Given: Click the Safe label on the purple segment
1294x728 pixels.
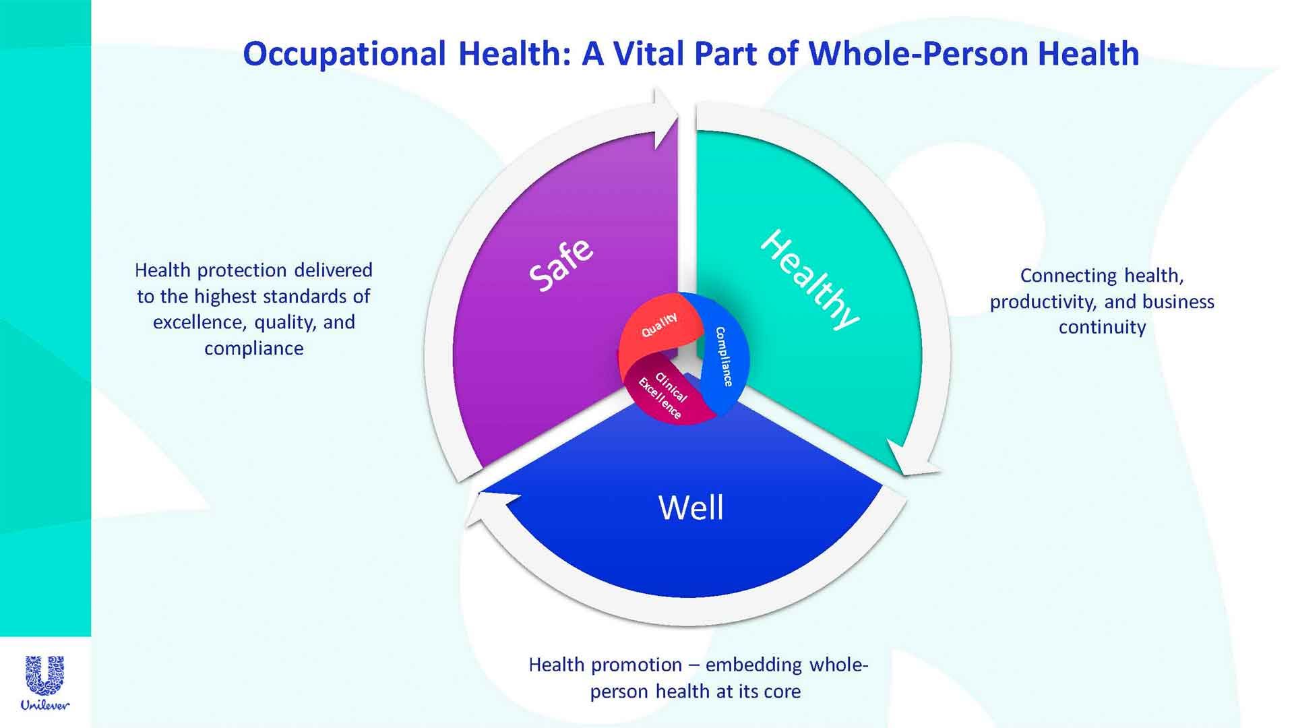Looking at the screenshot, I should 561,265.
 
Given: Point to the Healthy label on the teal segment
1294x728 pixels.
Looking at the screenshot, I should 809,279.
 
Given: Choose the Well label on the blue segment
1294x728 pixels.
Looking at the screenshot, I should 691,508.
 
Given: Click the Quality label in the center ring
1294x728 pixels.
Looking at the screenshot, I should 659,325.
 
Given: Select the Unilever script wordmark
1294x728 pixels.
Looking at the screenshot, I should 44,705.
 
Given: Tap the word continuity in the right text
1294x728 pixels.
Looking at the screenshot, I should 1102,328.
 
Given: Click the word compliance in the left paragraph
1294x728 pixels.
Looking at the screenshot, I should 253,348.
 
